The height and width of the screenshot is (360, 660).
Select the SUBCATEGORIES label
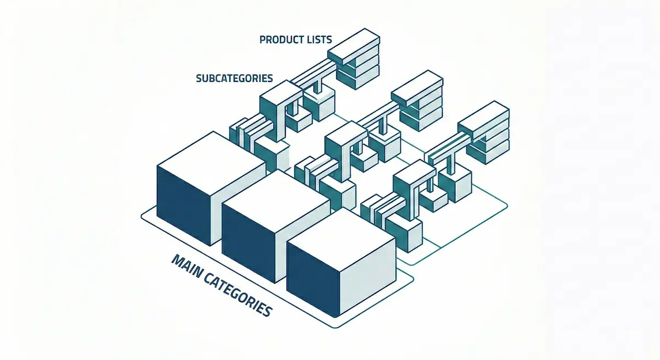tap(234, 78)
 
